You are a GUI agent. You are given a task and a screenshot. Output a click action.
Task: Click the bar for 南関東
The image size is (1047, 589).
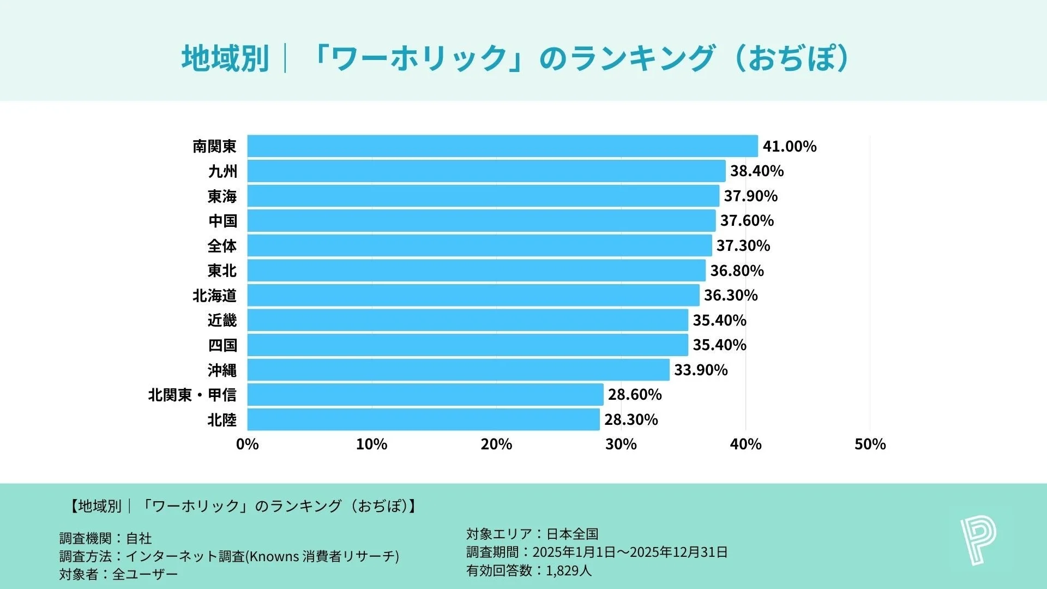pos(502,146)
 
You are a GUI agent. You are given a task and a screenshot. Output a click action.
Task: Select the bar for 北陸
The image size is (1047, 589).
pos(423,419)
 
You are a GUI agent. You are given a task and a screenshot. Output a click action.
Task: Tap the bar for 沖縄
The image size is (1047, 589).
pos(458,370)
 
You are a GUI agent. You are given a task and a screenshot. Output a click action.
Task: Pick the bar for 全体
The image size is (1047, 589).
pos(479,245)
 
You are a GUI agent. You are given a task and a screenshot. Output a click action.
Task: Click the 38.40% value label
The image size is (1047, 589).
pos(757,171)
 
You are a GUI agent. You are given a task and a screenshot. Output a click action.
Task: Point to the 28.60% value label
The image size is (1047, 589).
pos(635,395)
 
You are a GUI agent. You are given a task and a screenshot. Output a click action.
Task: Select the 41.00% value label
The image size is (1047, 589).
pos(789,146)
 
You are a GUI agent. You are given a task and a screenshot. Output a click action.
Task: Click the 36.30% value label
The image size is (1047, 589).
pos(731,296)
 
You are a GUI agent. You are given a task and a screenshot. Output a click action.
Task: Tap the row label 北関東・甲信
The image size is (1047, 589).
pos(192,395)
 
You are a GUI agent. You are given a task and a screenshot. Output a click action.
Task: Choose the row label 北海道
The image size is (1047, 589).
pos(214,296)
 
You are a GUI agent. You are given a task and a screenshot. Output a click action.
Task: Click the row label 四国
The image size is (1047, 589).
pos(222,345)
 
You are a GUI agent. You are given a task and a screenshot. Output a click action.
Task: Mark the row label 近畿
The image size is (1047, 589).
pos(222,320)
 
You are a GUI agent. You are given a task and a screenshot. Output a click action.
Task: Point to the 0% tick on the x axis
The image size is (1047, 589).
pos(247,444)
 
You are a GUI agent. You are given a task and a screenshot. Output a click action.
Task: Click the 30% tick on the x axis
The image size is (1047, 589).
pos(621,444)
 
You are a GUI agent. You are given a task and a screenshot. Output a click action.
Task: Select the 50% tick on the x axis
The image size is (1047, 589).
pos(870,444)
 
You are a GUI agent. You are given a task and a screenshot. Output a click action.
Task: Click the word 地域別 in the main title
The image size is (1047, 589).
pos(225,58)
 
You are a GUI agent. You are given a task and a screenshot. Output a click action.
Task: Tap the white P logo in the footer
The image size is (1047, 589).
pos(978,541)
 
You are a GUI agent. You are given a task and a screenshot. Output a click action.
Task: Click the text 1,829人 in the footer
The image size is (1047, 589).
pos(568,571)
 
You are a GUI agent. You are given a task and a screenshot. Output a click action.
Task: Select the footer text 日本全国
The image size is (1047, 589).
pos(573,534)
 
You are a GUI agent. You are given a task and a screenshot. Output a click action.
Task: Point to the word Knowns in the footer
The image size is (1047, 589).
pos(274,556)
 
